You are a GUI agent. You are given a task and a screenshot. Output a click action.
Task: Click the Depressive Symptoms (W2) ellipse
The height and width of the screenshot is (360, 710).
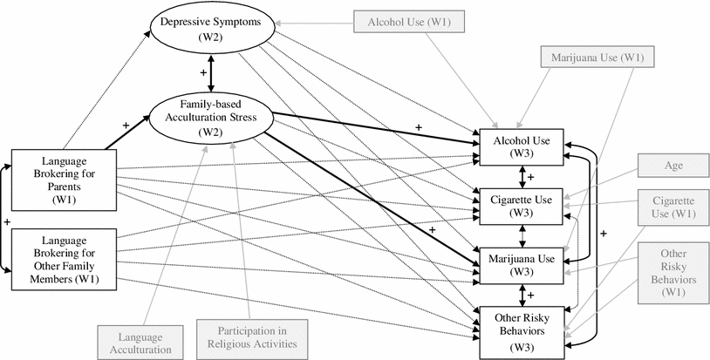[208, 29]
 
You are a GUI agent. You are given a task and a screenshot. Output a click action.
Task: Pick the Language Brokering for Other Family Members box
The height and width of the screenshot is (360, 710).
[63, 259]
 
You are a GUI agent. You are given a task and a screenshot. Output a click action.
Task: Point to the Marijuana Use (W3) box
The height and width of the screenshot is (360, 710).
[521, 263]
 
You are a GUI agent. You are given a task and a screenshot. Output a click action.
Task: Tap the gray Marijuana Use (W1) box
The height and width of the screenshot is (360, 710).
[595, 59]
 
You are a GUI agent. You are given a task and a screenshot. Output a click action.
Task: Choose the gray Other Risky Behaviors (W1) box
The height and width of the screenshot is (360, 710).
[673, 272]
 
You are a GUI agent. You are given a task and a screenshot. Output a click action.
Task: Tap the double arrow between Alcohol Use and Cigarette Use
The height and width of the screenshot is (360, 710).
[522, 176]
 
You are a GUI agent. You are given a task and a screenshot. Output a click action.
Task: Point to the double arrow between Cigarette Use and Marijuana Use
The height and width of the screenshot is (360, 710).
[522, 234]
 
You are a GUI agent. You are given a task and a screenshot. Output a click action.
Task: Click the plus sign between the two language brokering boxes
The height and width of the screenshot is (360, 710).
[7, 223]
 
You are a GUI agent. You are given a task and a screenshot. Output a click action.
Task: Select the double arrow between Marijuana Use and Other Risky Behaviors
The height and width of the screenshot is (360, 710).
[522, 293]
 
